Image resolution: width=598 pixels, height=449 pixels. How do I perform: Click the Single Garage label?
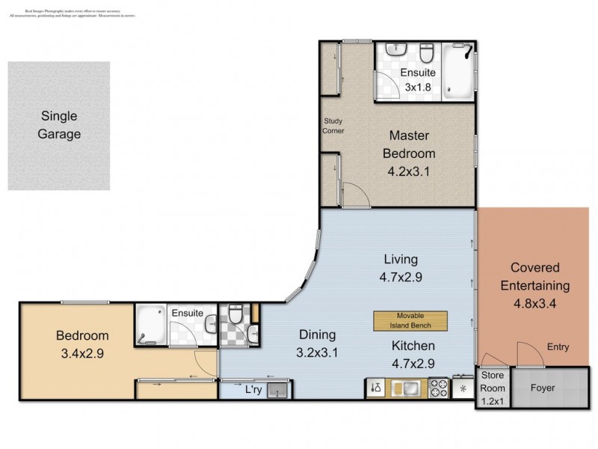[x=59, y=126]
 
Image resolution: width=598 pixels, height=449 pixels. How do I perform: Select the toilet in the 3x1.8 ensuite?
[x=427, y=53]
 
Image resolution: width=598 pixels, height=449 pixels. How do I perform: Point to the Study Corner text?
[x=333, y=125]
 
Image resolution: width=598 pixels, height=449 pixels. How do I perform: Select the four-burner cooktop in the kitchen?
[x=438, y=388]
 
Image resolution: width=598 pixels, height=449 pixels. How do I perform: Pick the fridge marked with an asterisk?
[x=463, y=389]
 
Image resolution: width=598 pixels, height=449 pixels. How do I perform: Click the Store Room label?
[x=493, y=382]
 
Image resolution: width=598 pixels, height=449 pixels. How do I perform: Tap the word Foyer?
[x=543, y=388]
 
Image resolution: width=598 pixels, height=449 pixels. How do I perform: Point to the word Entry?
[x=557, y=346]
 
